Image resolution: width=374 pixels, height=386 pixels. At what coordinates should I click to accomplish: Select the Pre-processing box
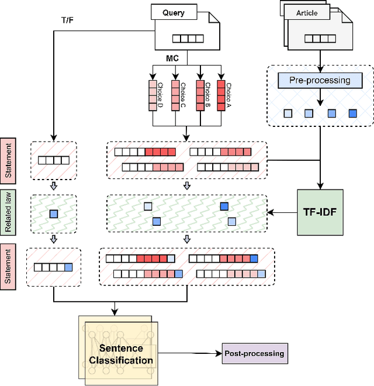pos(320,80)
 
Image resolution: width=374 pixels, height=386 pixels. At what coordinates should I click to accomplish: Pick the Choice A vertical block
pos(221,95)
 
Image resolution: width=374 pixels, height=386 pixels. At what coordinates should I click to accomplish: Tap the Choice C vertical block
pos(175,95)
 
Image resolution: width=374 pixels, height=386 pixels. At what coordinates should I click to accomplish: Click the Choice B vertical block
pos(199,95)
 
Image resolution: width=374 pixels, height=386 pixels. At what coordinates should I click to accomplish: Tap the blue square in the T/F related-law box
pos(54,213)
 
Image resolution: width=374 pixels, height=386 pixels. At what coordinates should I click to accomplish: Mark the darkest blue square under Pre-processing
pos(352,113)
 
